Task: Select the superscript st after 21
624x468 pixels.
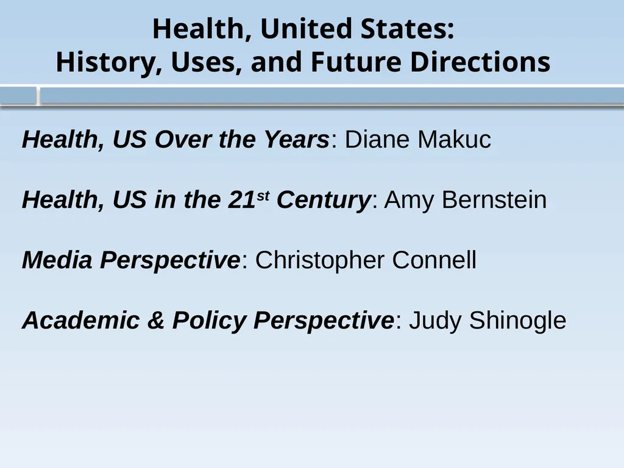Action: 263,195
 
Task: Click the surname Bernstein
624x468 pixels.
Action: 494,200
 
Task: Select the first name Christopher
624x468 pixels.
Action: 320,261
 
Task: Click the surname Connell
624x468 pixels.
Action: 434,260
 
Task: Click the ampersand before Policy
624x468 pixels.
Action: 156,321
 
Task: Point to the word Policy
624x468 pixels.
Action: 210,321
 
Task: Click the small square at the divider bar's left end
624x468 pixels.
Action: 18,96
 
